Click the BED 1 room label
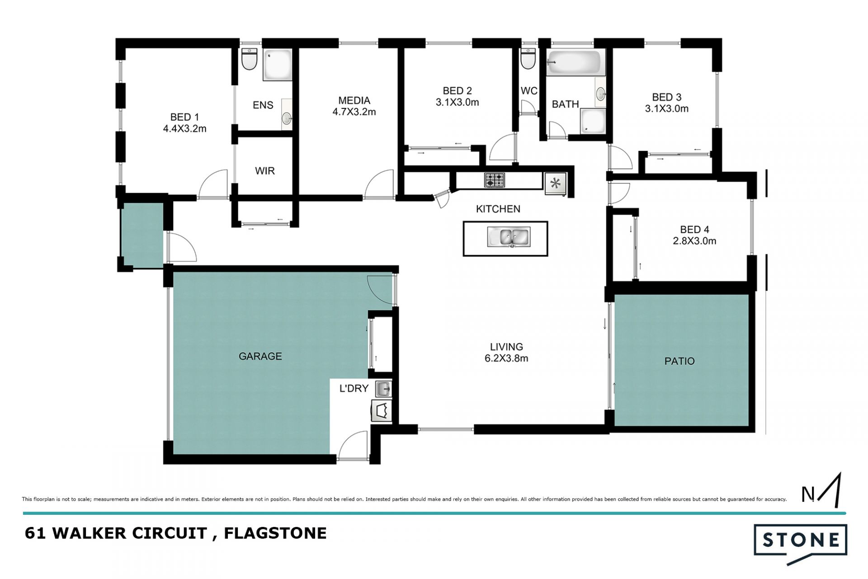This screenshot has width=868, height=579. (184, 118)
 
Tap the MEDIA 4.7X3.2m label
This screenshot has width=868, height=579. (354, 106)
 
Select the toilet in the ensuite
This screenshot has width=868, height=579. (249, 59)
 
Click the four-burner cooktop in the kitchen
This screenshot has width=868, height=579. (495, 180)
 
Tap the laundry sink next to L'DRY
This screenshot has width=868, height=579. (383, 389)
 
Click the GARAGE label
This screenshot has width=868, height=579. (260, 356)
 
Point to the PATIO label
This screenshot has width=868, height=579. (679, 361)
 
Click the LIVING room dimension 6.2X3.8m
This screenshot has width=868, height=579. (506, 359)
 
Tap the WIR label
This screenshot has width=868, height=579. (265, 171)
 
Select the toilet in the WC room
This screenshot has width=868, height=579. (528, 58)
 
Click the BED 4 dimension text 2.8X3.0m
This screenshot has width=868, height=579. (694, 241)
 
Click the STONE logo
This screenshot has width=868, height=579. (800, 544)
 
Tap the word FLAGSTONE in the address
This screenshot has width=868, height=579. (275, 533)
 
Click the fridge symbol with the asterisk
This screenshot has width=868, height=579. (556, 184)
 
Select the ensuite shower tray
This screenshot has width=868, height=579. (278, 65)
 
